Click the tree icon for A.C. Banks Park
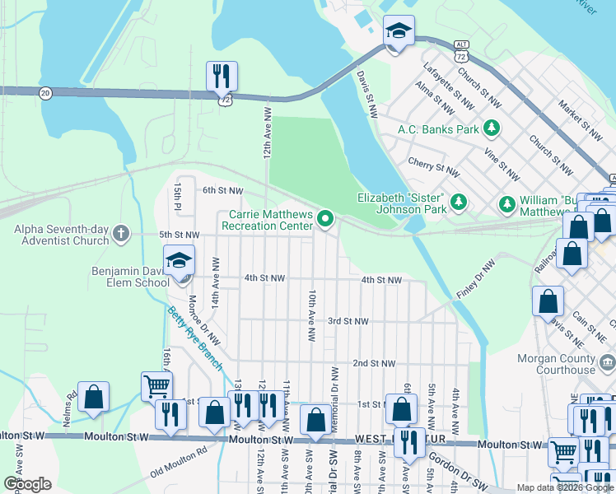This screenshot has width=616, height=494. [492, 128]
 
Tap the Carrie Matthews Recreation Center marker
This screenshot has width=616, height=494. [326, 219]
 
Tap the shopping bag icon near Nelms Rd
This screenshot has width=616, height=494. [94, 396]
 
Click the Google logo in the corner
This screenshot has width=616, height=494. [27, 484]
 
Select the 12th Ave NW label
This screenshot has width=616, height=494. [267, 132]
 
